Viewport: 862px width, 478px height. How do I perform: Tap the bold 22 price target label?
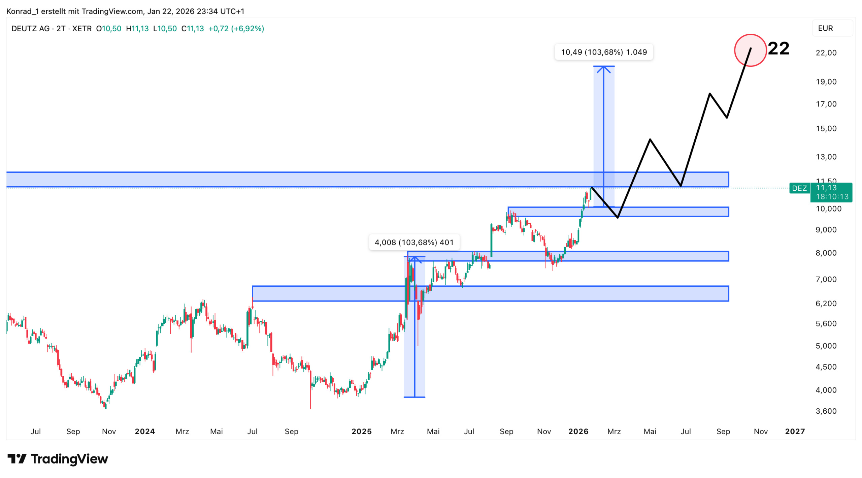point(778,49)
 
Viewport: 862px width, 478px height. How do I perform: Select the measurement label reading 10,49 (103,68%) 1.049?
point(603,52)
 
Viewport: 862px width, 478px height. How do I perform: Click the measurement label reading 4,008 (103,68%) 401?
point(414,242)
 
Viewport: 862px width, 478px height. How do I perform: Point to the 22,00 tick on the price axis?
point(826,53)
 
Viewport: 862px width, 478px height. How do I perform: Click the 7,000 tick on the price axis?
point(826,279)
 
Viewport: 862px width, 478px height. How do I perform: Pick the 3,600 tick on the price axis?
point(826,411)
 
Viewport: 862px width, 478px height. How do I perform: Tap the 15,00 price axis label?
point(826,129)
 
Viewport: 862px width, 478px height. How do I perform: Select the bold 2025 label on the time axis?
point(361,432)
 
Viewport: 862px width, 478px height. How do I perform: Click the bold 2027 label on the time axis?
point(795,432)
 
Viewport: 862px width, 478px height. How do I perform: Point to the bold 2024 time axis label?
point(144,432)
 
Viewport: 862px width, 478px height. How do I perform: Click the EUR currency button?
point(825,28)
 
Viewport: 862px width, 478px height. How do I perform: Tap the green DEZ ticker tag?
point(799,188)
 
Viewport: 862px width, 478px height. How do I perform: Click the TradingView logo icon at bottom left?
point(16,458)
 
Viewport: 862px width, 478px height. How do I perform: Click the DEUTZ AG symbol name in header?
point(30,29)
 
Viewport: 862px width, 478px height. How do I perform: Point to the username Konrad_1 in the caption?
point(22,11)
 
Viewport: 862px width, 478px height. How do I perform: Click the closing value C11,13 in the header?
point(192,29)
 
